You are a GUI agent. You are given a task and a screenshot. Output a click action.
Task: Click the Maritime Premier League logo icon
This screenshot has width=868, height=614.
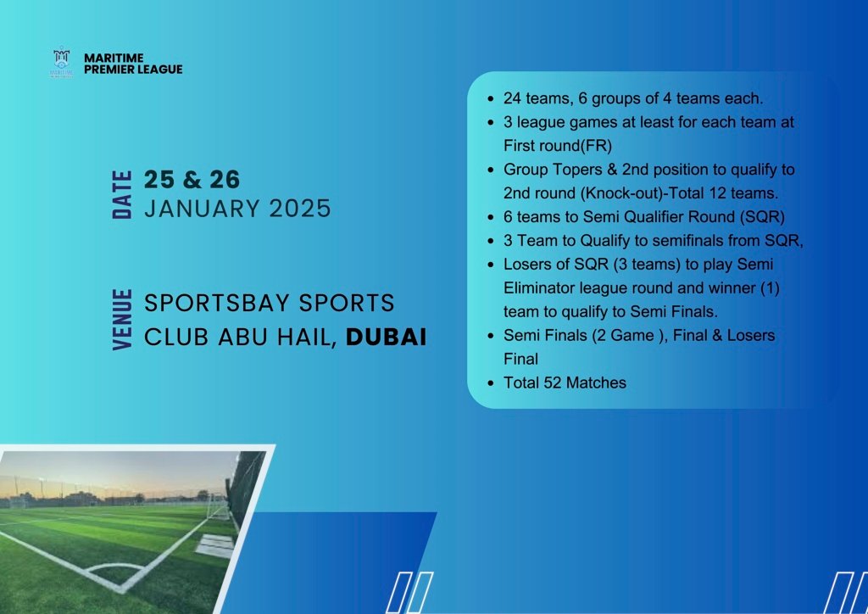pyautogui.click(x=61, y=63)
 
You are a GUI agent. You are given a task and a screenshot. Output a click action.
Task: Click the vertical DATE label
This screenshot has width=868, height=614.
pyautogui.click(x=122, y=195)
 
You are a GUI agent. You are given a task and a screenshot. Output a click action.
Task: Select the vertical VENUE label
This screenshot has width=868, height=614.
pyautogui.click(x=122, y=320)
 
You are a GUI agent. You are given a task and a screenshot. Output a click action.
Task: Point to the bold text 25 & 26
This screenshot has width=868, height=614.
pyautogui.click(x=192, y=180)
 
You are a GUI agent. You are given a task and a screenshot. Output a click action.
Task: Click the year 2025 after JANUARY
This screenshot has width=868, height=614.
pyautogui.click(x=300, y=209)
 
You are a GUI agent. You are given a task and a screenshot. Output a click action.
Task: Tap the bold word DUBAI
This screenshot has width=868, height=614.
pyautogui.click(x=387, y=338)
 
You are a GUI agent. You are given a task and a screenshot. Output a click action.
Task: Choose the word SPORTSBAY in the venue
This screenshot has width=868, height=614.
pyautogui.click(x=217, y=303)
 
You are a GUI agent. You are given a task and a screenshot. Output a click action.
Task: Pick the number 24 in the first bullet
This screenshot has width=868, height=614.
pyautogui.click(x=513, y=98)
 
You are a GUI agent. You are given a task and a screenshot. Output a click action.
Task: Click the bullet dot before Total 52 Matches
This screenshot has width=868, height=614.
pyautogui.click(x=491, y=383)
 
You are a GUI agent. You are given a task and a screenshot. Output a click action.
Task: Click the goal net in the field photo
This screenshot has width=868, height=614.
pyautogui.click(x=218, y=506)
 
